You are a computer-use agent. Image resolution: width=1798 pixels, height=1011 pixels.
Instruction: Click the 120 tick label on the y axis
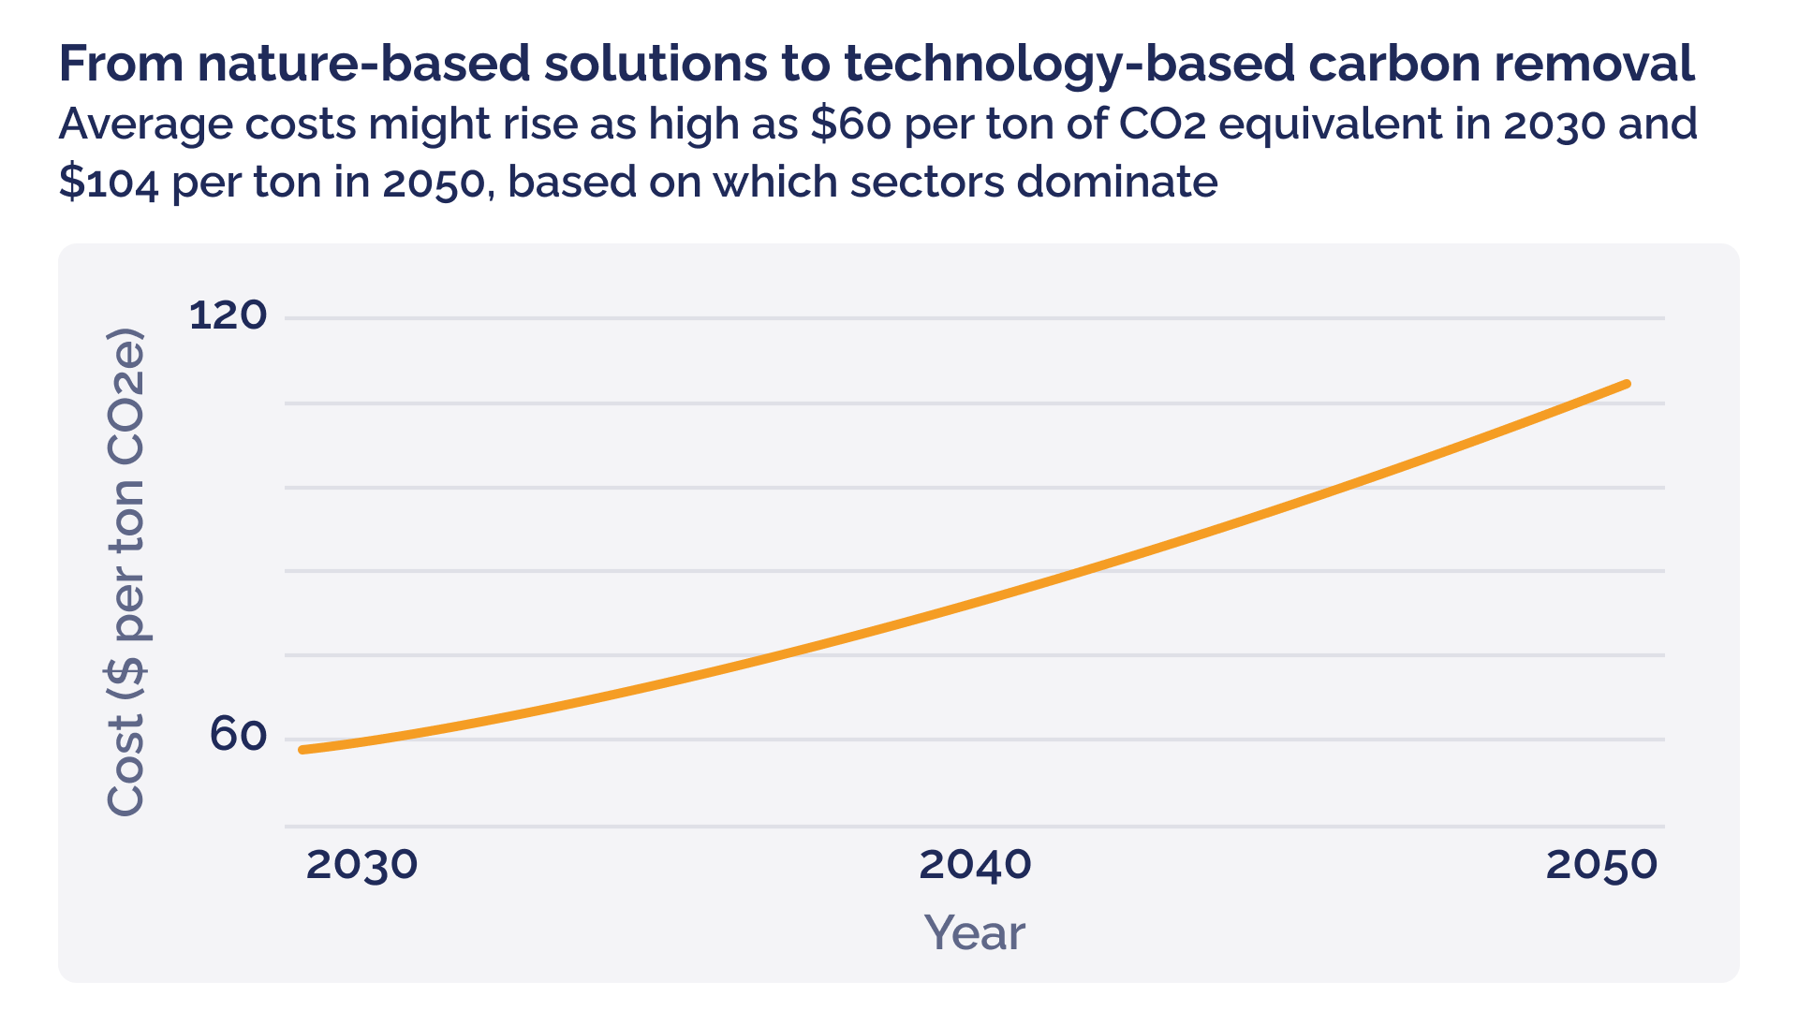(x=228, y=315)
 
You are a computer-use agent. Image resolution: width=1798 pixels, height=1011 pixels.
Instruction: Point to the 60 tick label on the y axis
(x=238, y=736)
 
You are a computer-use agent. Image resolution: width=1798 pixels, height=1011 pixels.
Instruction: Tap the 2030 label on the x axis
(x=361, y=865)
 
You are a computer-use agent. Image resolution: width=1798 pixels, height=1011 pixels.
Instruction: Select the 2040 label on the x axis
(x=975, y=865)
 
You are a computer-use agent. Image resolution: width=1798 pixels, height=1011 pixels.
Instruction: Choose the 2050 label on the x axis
(x=1601, y=865)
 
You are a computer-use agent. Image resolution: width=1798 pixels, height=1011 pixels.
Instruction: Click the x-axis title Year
(x=974, y=933)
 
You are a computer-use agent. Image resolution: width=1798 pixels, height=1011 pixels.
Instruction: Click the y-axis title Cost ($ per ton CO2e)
(x=125, y=572)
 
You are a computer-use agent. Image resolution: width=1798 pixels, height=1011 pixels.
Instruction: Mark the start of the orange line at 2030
(x=302, y=750)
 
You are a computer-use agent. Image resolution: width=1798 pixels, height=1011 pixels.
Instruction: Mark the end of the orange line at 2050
(x=1628, y=384)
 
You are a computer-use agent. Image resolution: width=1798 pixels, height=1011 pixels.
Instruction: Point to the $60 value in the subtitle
(x=850, y=125)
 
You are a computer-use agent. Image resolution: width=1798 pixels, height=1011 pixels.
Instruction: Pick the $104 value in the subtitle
(x=110, y=182)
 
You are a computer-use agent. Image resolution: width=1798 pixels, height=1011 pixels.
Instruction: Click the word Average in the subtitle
(x=145, y=125)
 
